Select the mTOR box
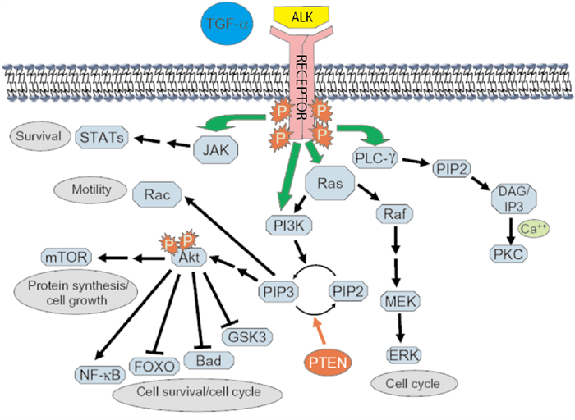(63, 256)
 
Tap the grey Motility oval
(91, 191)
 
